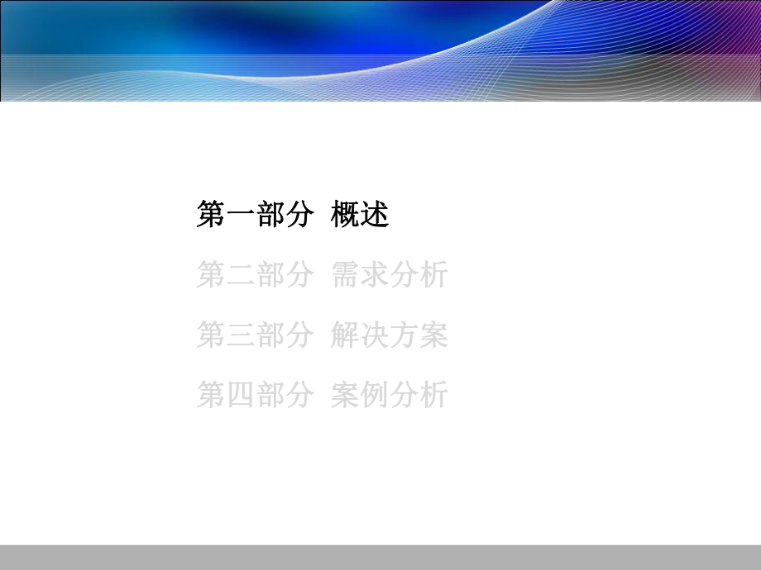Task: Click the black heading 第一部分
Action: [x=255, y=216]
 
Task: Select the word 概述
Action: [x=360, y=216]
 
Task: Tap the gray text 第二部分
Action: [x=255, y=275]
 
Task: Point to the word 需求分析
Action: [x=389, y=275]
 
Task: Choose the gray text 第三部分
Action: [x=255, y=335]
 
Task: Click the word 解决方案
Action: [x=389, y=335]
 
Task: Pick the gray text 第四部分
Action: [x=255, y=395]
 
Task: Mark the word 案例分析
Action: [x=389, y=395]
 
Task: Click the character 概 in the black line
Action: [x=345, y=216]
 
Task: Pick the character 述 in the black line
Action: [x=375, y=216]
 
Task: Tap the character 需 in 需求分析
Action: [x=345, y=275]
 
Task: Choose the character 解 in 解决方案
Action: [x=345, y=335]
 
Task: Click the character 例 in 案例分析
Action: [x=375, y=395]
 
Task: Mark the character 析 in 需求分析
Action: [x=433, y=275]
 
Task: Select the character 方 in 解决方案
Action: [x=404, y=335]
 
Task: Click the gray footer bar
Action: [x=380, y=557]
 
